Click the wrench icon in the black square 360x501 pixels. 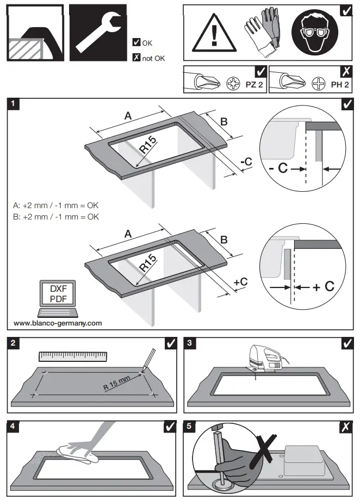[x=97, y=33]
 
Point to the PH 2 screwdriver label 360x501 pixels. [x=339, y=85]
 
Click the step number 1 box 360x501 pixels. [x=15, y=103]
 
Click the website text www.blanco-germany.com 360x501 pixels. [x=58, y=323]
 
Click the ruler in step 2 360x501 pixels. [x=72, y=356]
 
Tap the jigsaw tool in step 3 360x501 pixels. [x=265, y=359]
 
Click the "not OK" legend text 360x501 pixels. [x=153, y=58]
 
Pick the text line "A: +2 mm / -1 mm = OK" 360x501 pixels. [x=56, y=206]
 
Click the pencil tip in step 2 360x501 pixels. [x=143, y=372]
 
